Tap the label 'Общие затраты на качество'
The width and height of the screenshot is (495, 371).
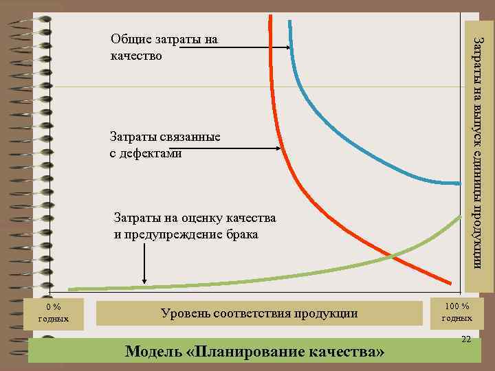(x=164, y=47)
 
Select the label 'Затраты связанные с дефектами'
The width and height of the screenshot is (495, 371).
(x=165, y=145)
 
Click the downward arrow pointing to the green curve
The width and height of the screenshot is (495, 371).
(x=144, y=264)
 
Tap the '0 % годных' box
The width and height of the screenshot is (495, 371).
(x=53, y=313)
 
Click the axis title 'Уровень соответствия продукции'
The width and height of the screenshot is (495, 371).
(x=259, y=313)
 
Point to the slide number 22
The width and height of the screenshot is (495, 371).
(x=466, y=340)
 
